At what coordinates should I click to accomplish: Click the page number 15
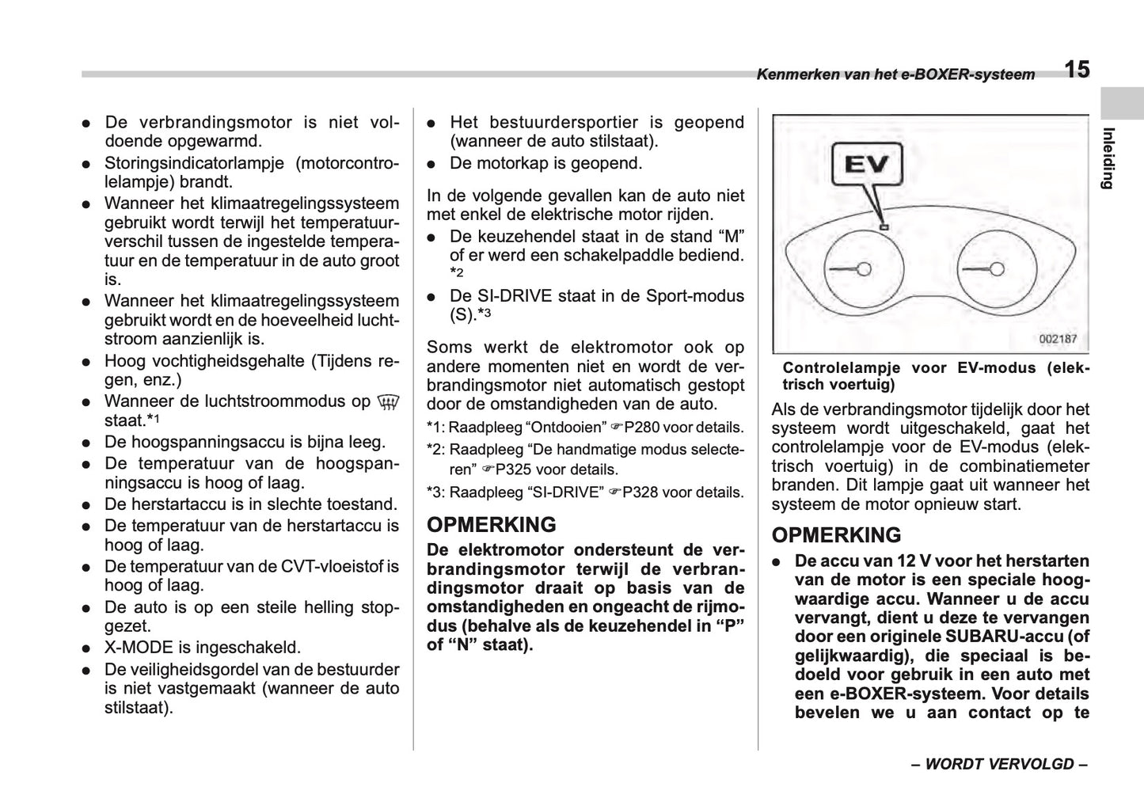click(1076, 70)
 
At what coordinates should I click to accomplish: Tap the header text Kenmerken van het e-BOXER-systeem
click(895, 75)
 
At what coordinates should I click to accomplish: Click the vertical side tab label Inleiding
click(1108, 158)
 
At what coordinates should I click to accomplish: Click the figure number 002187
click(1058, 339)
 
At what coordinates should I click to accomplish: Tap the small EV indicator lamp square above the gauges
click(884, 227)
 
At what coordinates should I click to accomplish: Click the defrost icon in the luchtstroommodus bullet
click(387, 402)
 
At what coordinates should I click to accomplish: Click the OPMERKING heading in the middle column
click(491, 525)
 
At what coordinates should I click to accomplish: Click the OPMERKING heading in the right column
click(836, 535)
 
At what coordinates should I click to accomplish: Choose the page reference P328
click(640, 492)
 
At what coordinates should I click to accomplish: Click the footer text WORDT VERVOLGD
click(999, 764)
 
